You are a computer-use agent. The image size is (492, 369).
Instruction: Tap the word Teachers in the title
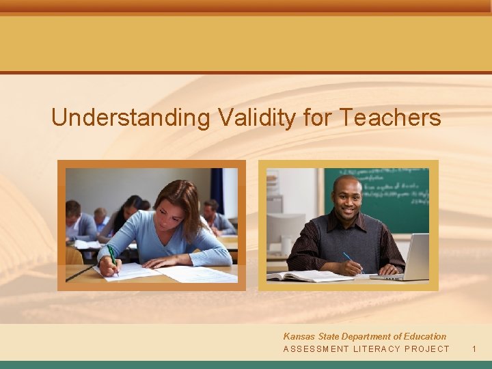(x=390, y=118)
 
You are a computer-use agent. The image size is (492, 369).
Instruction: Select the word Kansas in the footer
(x=299, y=336)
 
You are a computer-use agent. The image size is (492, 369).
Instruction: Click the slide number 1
(x=474, y=349)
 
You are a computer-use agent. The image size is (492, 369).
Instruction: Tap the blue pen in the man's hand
(x=351, y=261)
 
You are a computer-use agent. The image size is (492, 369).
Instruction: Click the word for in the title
(x=318, y=118)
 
